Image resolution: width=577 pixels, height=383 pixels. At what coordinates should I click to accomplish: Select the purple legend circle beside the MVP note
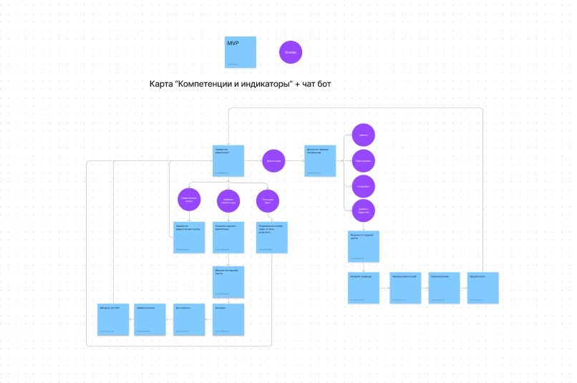pos(290,52)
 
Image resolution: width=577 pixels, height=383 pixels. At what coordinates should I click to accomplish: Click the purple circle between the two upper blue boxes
pos(273,161)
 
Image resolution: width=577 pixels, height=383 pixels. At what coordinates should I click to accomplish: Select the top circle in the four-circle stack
pos(364,135)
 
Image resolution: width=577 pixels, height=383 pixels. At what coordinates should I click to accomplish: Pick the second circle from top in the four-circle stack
pos(364,160)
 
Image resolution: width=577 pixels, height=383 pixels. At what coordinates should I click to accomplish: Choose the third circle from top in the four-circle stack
pos(364,186)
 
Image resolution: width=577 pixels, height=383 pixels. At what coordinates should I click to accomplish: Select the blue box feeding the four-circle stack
pos(320,161)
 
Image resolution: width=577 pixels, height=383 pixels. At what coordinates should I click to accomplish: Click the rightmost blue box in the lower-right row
pos(483,288)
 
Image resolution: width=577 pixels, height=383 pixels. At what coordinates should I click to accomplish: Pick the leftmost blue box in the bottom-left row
pos(113,319)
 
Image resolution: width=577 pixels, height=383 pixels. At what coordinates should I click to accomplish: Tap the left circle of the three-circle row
pos(189,201)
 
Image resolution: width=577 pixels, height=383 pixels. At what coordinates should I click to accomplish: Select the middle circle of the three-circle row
pos(228,201)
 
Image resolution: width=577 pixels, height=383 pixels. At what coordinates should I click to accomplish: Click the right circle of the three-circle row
pos(268,201)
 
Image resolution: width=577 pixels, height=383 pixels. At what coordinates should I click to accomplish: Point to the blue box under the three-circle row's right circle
pos(272,237)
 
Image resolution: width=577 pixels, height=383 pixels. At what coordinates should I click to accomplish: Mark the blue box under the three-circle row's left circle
pos(189,237)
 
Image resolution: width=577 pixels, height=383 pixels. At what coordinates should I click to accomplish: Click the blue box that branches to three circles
pos(229,161)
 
